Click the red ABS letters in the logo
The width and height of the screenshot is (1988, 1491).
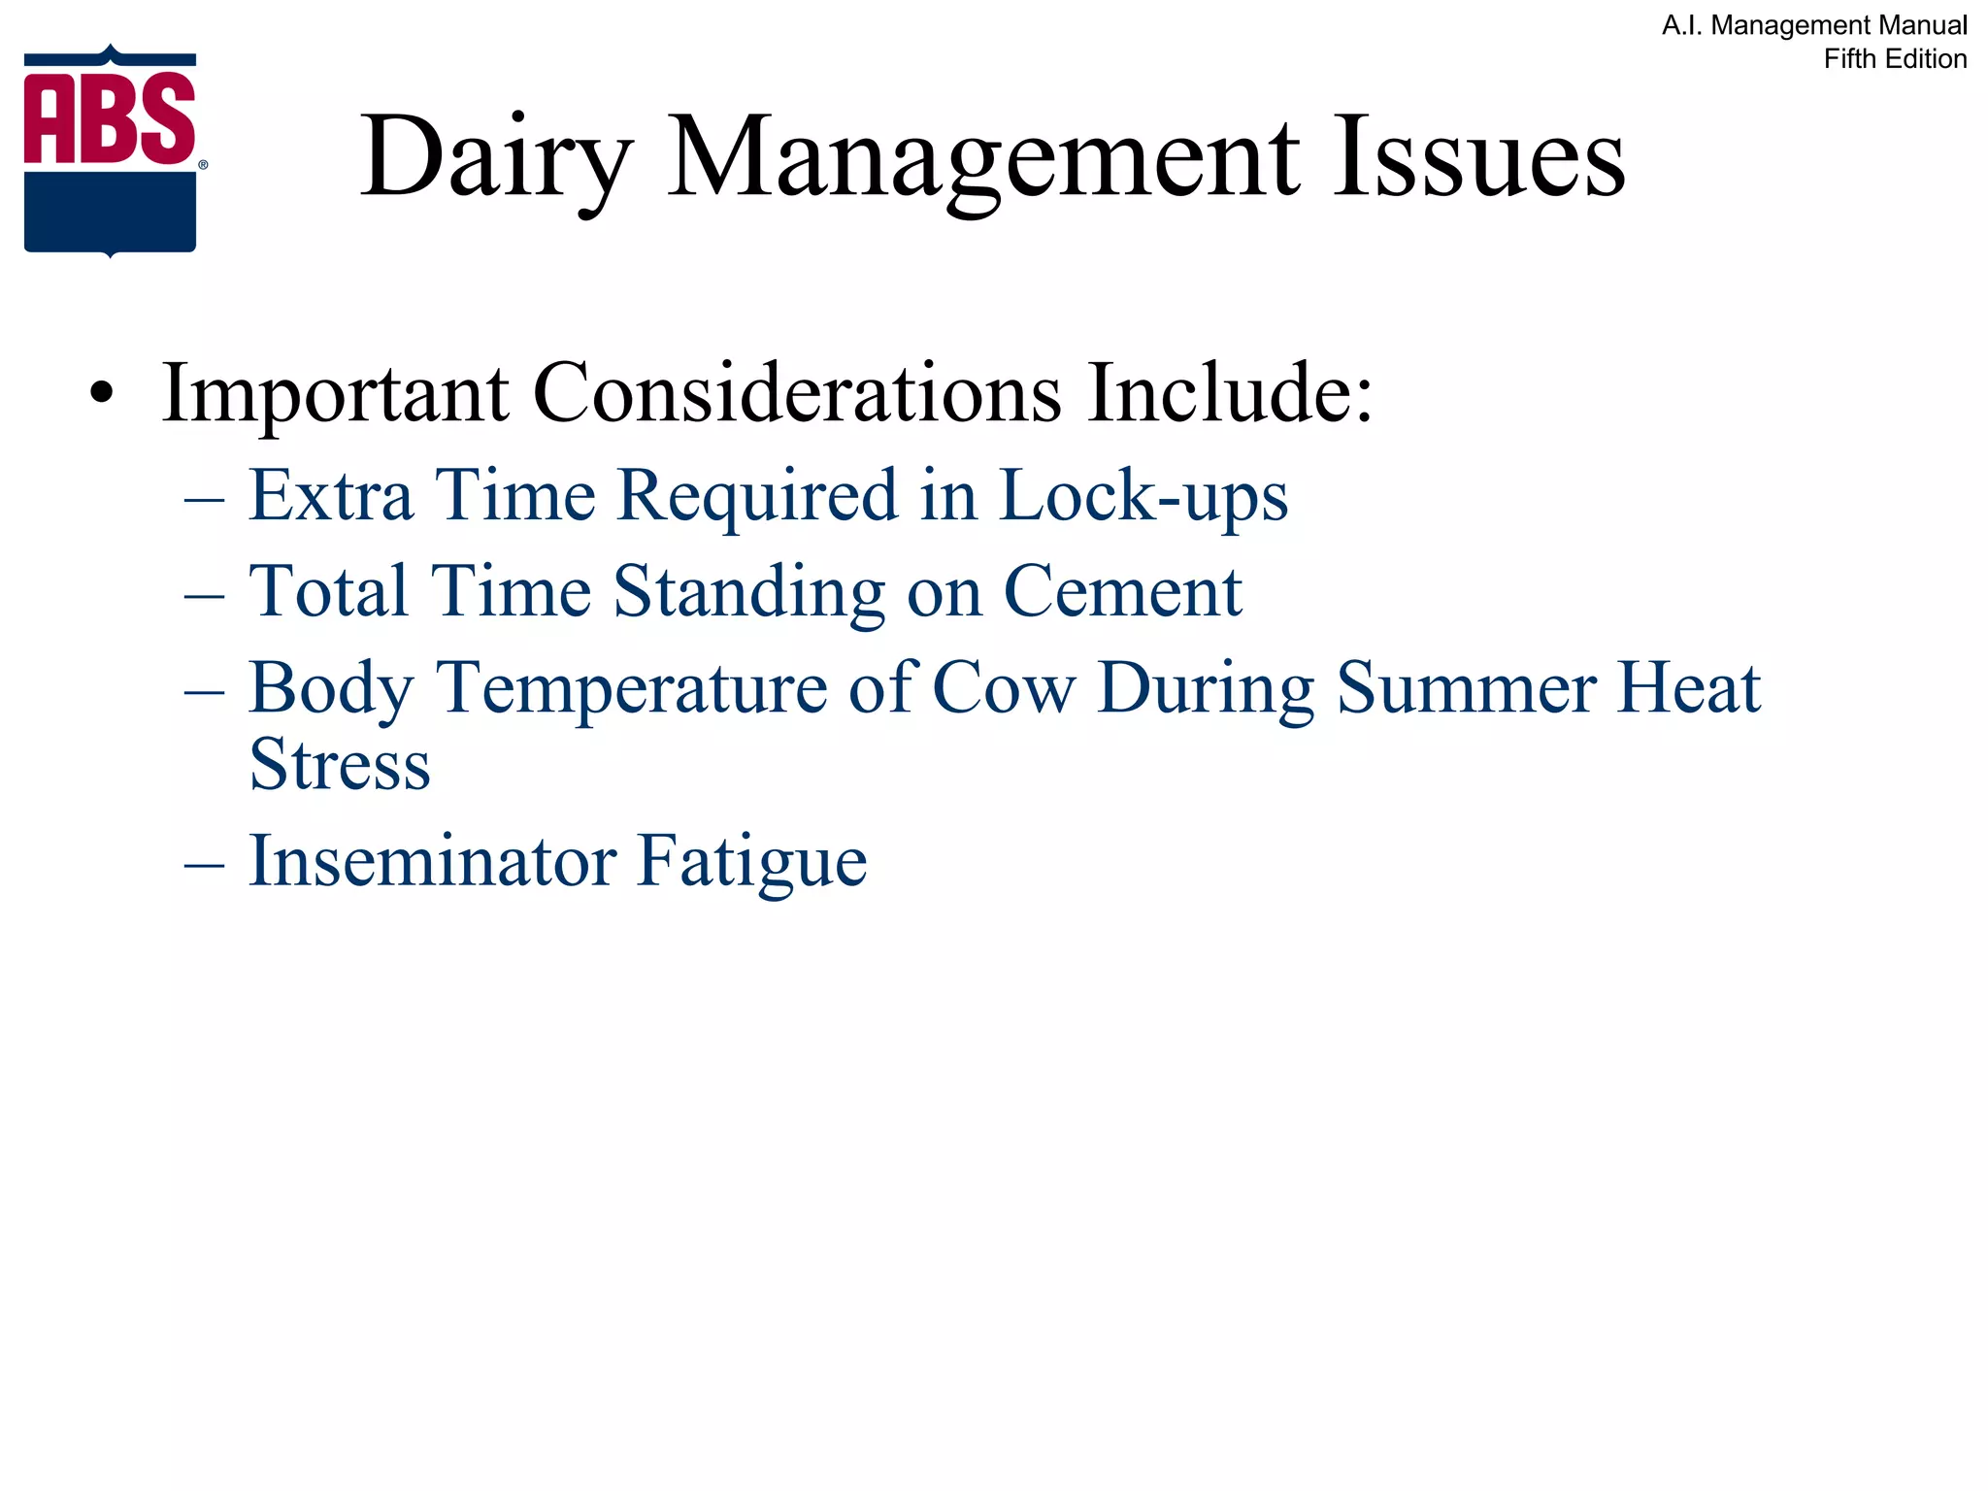(x=110, y=118)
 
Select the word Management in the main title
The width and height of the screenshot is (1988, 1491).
(x=983, y=158)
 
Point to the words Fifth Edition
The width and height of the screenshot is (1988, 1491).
(x=1894, y=59)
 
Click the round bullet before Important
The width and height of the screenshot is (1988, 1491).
(x=101, y=395)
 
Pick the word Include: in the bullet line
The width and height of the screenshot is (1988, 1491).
(x=1230, y=393)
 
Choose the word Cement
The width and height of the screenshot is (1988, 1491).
(x=1122, y=591)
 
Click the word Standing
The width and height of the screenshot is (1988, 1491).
(x=748, y=591)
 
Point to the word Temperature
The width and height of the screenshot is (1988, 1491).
(x=632, y=688)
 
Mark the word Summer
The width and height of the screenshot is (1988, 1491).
(x=1466, y=688)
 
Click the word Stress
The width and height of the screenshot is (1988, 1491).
(x=340, y=765)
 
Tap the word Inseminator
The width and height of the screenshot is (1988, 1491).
(x=432, y=861)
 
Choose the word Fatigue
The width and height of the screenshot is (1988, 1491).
(x=752, y=861)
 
